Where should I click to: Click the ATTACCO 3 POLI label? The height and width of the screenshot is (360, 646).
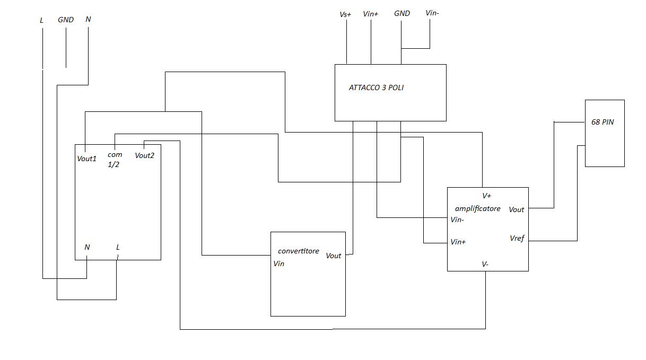point(376,87)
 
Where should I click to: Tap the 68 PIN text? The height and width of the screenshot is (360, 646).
point(603,122)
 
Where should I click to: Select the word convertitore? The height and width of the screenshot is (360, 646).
point(299,251)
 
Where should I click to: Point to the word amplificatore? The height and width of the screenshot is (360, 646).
point(477,208)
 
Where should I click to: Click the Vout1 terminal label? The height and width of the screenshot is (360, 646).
point(87,158)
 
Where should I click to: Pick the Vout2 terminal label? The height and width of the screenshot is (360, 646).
point(144,155)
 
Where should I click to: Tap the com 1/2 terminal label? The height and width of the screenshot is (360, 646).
point(115,160)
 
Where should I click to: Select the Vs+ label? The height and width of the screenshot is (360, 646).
point(345,14)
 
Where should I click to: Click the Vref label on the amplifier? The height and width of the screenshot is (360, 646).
point(517,238)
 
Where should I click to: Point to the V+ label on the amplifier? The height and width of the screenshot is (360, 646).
point(486,196)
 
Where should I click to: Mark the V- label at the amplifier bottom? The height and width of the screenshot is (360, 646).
point(485,264)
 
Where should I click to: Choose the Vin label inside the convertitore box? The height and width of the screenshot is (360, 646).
point(278,264)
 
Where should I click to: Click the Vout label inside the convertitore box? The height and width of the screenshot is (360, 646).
point(333,256)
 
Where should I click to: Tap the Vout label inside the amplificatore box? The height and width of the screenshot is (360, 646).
point(516,209)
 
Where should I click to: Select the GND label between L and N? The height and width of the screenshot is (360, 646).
point(66,20)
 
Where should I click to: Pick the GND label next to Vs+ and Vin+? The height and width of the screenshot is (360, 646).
point(401,13)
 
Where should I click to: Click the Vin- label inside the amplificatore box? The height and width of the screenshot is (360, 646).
point(457,219)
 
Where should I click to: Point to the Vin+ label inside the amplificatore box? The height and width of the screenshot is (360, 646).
point(458,242)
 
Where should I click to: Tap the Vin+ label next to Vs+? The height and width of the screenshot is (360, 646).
point(370,14)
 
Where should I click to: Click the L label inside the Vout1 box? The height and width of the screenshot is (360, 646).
point(118,247)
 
